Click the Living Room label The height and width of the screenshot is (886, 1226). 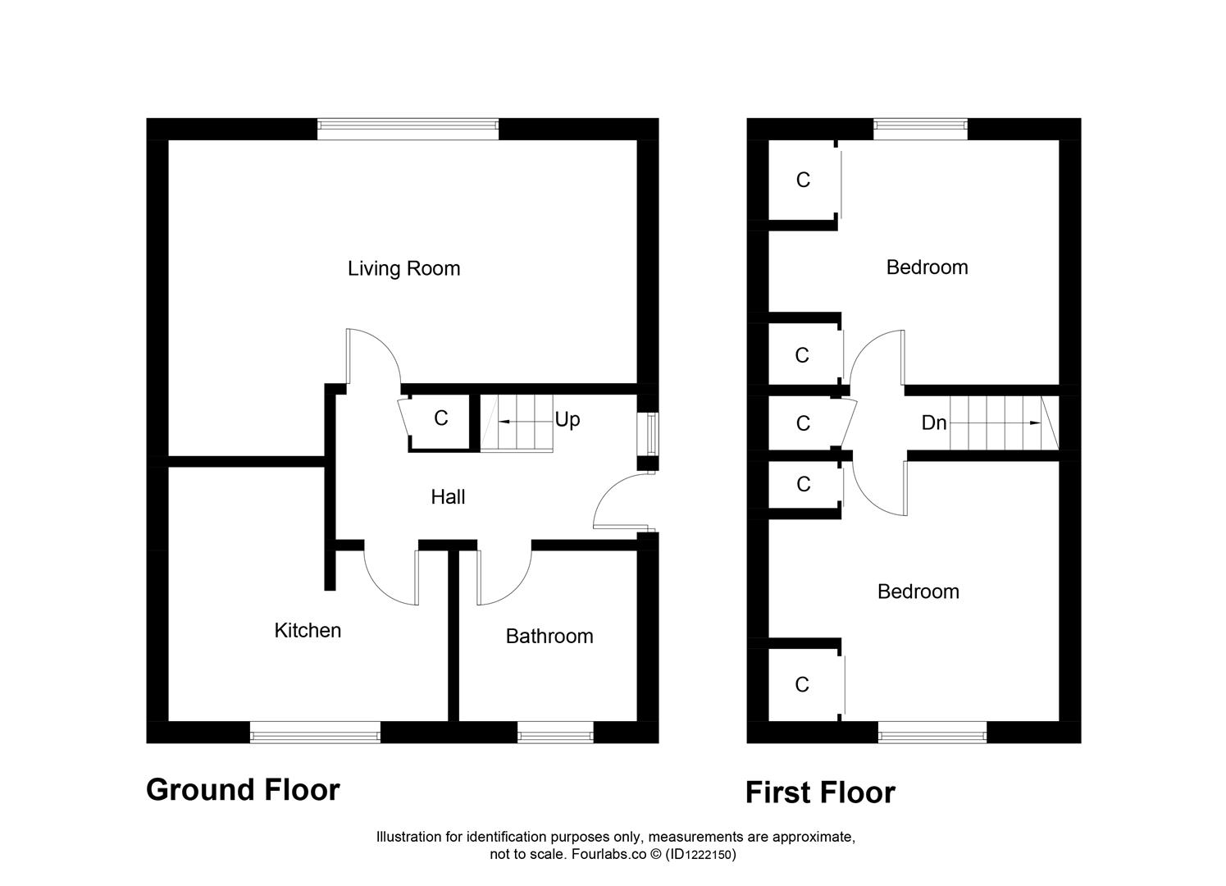pos(403,268)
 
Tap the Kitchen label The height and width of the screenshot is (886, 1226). pos(308,630)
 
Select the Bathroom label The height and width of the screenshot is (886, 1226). pos(549,636)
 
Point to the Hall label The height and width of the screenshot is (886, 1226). pos(448,496)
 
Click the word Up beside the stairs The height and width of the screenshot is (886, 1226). pos(567,419)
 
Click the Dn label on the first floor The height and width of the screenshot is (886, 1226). pos(934,422)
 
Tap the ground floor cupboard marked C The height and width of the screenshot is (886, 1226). pos(441,418)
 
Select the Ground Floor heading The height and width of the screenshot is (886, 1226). pos(243,789)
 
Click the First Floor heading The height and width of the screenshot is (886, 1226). pos(820,792)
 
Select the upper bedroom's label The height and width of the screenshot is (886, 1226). pos(927,267)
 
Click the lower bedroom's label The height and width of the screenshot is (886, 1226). pos(918,591)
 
